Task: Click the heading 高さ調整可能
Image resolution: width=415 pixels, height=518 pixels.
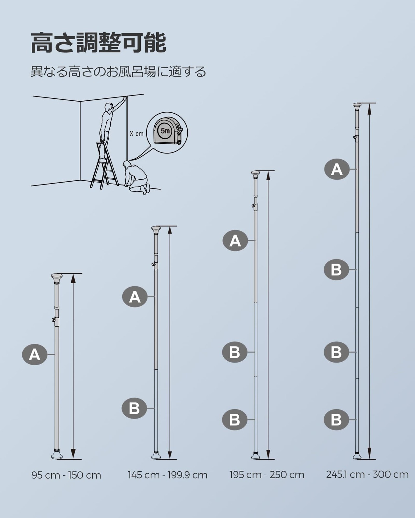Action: [x=99, y=43]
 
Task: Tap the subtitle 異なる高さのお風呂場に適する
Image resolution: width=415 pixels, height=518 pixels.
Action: [x=118, y=72]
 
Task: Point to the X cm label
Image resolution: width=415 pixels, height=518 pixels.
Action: [x=136, y=133]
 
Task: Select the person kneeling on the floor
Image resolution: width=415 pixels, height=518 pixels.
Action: [x=137, y=178]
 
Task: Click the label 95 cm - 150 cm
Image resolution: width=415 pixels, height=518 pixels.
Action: [x=66, y=475]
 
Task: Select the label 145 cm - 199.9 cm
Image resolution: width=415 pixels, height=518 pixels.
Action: [x=167, y=475]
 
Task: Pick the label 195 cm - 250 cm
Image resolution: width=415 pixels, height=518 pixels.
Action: [x=267, y=475]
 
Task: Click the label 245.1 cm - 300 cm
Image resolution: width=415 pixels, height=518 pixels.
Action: [x=367, y=474]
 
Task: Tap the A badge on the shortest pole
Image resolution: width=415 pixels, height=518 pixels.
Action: [x=35, y=355]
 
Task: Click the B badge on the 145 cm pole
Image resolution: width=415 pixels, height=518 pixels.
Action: [x=134, y=408]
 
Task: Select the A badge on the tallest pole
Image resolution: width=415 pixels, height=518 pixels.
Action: [x=337, y=169]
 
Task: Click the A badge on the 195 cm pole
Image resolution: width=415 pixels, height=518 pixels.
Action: [x=235, y=241]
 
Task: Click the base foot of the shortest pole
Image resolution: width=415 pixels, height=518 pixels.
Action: [x=57, y=455]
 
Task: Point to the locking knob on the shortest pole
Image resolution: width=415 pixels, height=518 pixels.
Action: [x=53, y=320]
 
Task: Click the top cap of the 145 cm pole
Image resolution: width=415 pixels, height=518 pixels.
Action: [x=156, y=229]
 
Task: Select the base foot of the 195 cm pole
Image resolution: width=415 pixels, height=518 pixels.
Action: [x=255, y=456]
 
